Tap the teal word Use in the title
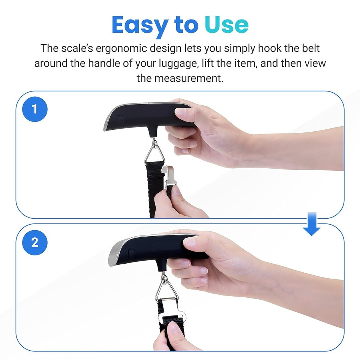[226, 25]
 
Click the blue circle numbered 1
[35, 109]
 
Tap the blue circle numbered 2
[35, 242]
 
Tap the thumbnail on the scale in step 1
[181, 111]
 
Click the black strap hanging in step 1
[154, 187]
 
